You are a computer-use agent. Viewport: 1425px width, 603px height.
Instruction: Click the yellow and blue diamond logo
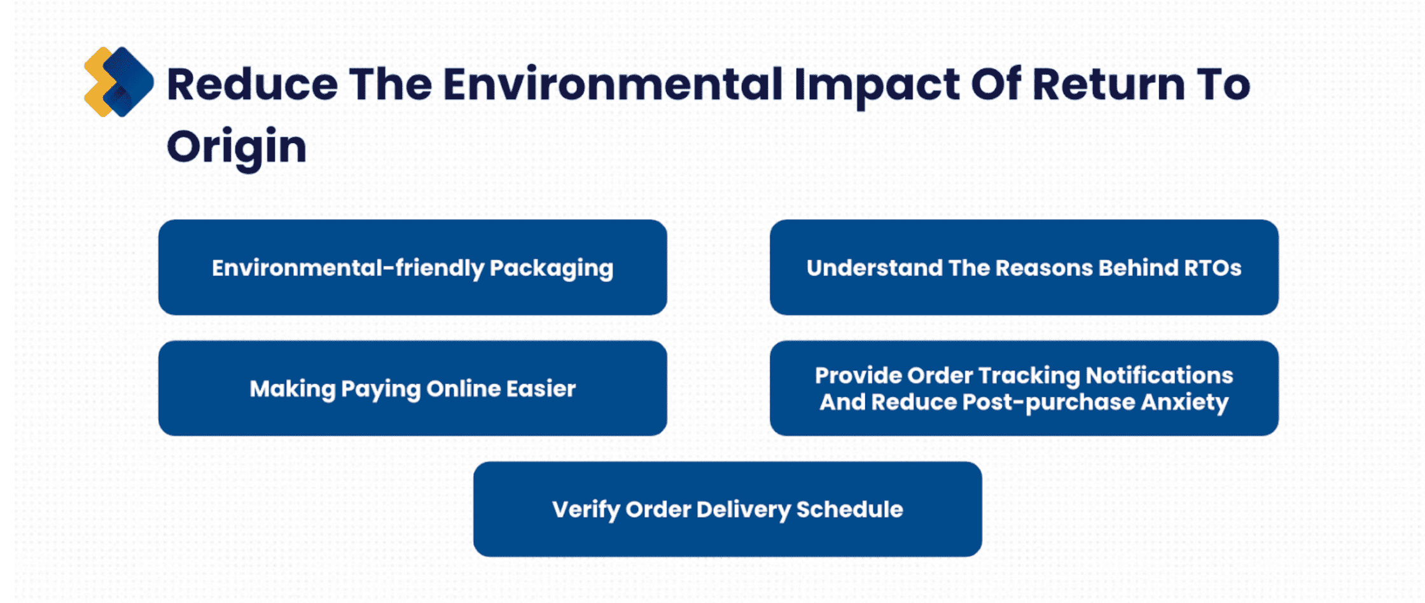118,82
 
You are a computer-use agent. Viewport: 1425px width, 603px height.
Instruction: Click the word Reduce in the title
252,85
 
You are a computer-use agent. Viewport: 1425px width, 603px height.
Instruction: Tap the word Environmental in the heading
613,85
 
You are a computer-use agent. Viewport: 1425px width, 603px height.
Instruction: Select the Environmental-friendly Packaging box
413,267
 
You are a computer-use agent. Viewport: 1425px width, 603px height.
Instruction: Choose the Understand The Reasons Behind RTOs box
1024,267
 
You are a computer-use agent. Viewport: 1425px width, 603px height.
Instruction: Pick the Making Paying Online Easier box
413,388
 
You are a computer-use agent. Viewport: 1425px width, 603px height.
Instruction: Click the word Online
462,388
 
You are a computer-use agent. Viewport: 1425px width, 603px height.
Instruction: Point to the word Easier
541,388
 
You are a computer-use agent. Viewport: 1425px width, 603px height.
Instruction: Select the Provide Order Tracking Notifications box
1024,388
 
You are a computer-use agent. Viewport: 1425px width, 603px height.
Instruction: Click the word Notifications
1159,375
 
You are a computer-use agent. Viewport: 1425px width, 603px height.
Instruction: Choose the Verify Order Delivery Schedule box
728,509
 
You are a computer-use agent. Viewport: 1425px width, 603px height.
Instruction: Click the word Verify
586,510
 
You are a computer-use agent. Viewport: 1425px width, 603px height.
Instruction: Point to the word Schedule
850,509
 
